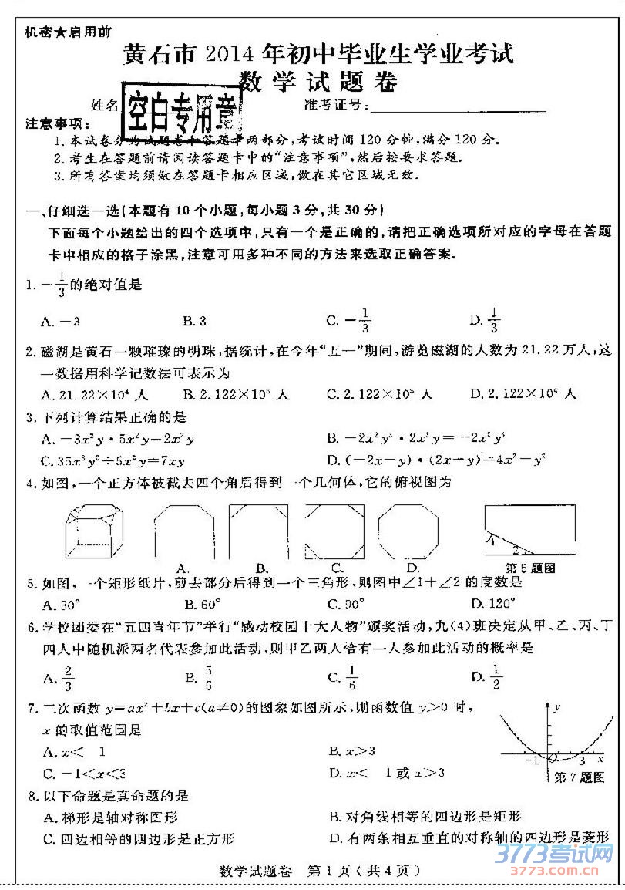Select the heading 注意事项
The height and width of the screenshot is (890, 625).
(53, 124)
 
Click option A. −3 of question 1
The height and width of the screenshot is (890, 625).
(62, 320)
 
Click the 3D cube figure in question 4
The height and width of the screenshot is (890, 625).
(94, 532)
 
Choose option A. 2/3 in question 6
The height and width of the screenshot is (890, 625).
(61, 677)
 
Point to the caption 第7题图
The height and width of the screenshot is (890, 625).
(580, 778)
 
